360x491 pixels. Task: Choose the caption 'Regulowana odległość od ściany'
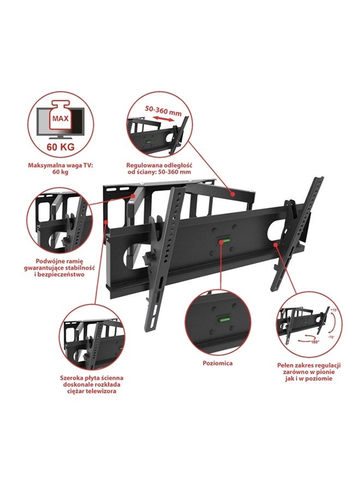tap(159, 168)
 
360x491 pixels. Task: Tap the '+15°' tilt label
tap(334, 310)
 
